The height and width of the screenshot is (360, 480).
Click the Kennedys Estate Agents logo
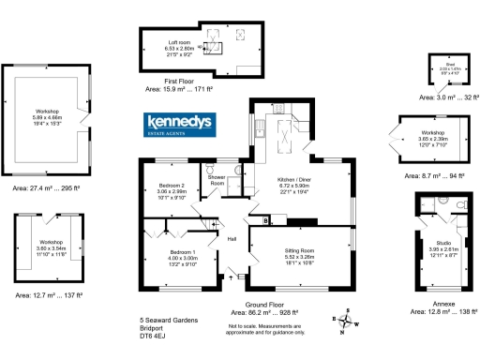click(180, 125)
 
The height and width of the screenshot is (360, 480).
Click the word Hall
click(231, 238)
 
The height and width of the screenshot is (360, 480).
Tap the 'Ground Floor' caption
click(264, 305)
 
